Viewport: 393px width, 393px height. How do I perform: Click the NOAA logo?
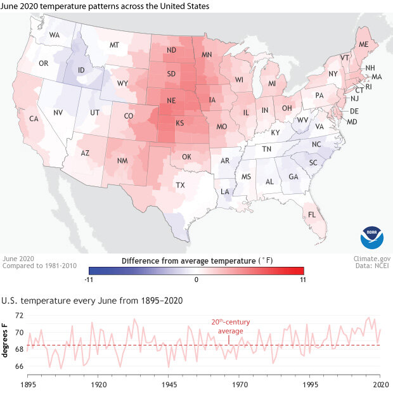tap(371, 237)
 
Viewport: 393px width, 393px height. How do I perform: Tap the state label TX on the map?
tap(180, 185)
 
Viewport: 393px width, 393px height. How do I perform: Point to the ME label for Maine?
tap(364, 45)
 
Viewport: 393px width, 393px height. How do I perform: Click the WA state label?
tap(55, 35)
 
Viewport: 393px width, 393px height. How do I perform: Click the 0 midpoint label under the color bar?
tap(196, 279)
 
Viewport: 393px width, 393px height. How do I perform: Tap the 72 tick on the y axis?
tap(19, 316)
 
